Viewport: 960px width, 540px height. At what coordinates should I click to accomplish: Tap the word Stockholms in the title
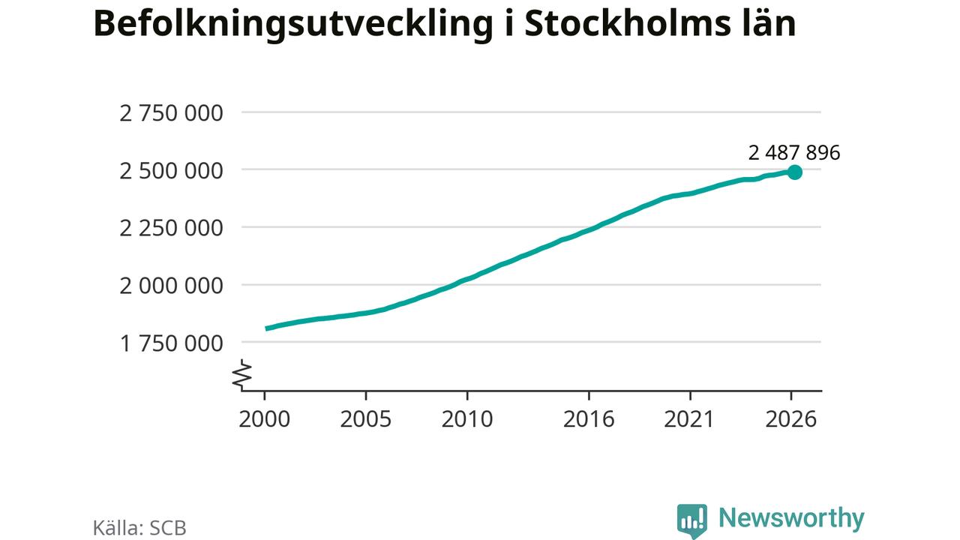(x=628, y=22)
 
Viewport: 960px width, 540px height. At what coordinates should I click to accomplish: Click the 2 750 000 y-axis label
(x=171, y=113)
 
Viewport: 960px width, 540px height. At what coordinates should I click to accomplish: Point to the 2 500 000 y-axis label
(x=171, y=171)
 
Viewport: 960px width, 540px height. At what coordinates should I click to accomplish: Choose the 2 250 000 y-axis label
(x=171, y=229)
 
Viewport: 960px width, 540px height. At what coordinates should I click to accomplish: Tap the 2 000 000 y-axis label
(x=171, y=286)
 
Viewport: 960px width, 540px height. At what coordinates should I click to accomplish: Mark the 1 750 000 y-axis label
(x=171, y=343)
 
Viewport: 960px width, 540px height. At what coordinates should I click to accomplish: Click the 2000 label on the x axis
(x=265, y=419)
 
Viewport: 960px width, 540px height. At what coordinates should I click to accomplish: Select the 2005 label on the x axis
(x=365, y=419)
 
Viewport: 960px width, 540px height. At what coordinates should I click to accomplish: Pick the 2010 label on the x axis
(x=467, y=419)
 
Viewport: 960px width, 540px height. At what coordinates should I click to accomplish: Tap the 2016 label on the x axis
(x=589, y=419)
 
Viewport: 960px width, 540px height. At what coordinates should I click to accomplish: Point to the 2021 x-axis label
(x=689, y=419)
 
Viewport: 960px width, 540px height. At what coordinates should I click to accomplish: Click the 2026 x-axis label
(x=791, y=419)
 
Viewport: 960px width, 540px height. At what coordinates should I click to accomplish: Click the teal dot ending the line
(x=794, y=172)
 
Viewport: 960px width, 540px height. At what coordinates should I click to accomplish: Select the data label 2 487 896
(x=794, y=153)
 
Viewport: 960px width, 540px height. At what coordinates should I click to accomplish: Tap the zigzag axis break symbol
(x=242, y=375)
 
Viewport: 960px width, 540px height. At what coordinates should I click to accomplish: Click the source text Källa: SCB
(x=139, y=528)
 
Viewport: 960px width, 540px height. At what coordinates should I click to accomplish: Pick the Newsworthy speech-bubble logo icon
(x=692, y=520)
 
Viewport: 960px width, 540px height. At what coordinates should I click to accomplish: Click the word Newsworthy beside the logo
(x=791, y=518)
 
